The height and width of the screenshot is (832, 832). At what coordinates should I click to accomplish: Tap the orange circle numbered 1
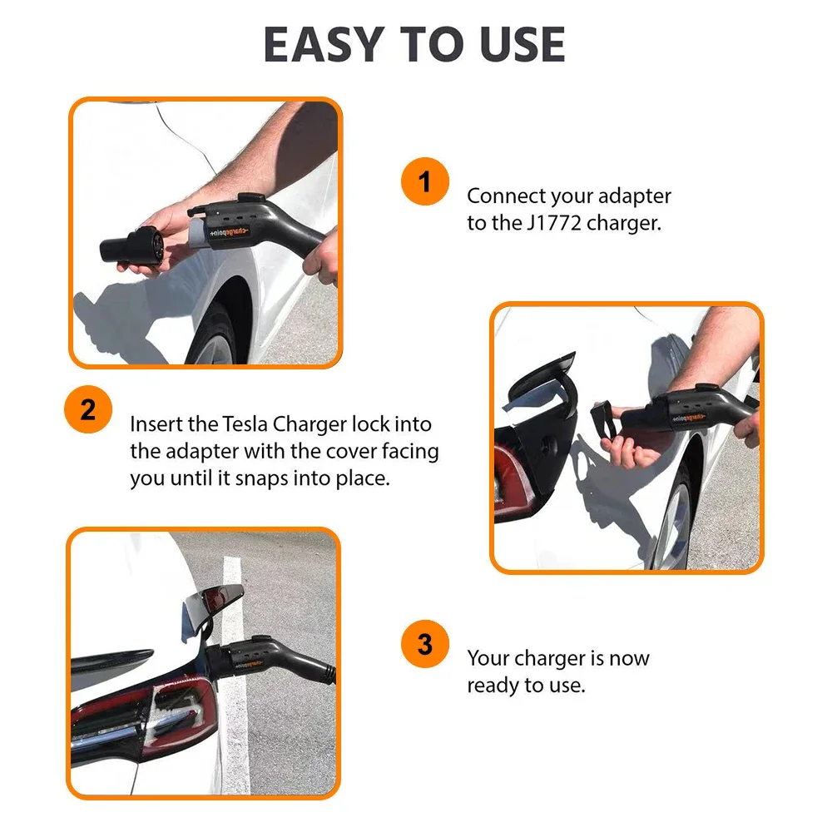pyautogui.click(x=424, y=182)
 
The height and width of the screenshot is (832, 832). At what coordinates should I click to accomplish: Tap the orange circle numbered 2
pyautogui.click(x=88, y=410)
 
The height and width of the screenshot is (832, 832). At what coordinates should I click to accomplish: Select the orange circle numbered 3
pyautogui.click(x=424, y=645)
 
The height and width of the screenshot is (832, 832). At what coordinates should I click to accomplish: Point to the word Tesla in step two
pyautogui.click(x=250, y=424)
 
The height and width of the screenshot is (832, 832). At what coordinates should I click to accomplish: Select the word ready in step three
pyautogui.click(x=496, y=686)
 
